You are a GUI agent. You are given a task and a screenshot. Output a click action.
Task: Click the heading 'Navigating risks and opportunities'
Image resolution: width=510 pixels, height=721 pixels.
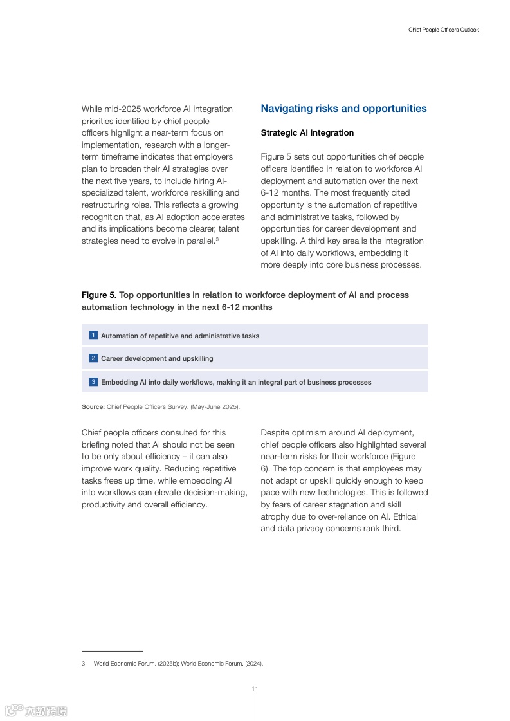tap(343, 109)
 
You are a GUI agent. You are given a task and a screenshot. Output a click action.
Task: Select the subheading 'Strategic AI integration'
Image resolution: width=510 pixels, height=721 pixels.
tap(307, 133)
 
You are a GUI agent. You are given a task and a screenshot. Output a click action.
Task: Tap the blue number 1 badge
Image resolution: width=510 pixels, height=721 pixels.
tap(93, 335)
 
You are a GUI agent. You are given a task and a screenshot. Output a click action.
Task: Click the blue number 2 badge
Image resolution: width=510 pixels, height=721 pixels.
tap(93, 358)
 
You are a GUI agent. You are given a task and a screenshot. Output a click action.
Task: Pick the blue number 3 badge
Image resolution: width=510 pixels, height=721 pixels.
tap(93, 382)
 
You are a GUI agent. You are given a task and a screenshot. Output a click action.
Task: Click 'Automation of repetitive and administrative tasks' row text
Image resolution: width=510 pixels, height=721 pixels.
tap(180, 336)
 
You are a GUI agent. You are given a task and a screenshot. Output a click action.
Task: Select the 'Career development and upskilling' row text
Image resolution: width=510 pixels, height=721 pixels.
tap(157, 359)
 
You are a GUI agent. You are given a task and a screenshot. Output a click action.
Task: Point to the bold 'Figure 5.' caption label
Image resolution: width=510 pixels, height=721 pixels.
tap(99, 295)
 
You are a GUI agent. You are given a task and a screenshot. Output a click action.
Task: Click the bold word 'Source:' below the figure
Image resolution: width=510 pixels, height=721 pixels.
tap(93, 407)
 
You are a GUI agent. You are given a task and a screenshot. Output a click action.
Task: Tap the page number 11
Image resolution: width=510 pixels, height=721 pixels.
tap(255, 689)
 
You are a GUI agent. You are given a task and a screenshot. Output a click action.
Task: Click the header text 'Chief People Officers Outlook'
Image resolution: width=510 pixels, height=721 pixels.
tap(444, 30)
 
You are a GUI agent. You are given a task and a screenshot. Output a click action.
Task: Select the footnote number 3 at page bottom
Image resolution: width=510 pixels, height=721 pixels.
tap(84, 664)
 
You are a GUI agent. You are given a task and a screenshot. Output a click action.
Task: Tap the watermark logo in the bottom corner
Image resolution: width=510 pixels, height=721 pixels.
tap(36, 711)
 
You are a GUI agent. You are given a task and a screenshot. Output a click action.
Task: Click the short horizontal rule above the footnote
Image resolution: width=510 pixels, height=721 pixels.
tap(112, 651)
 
